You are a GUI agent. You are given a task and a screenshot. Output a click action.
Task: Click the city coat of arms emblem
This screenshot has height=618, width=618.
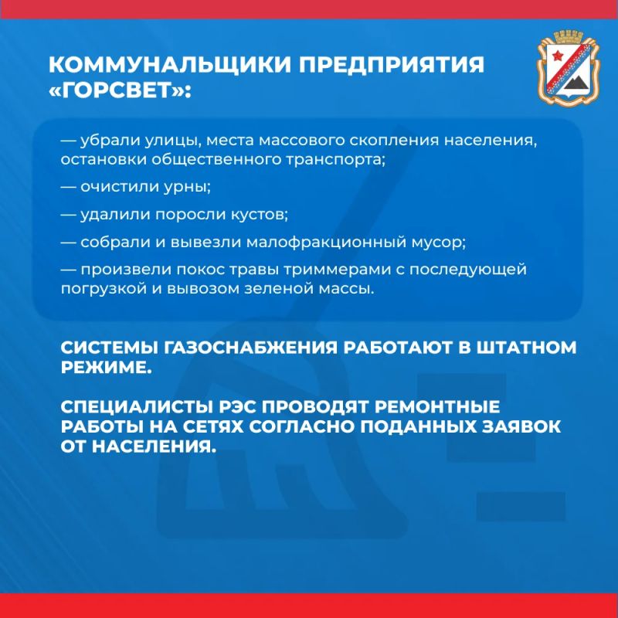(x=569, y=68)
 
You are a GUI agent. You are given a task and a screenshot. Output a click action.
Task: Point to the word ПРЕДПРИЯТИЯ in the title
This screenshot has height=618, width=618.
(x=391, y=65)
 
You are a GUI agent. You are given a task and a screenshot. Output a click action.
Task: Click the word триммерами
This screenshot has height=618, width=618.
(x=338, y=270)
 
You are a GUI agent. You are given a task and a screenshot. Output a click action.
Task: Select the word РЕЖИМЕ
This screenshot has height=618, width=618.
(x=106, y=368)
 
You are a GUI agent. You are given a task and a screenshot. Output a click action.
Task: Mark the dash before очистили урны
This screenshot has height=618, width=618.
(x=68, y=187)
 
